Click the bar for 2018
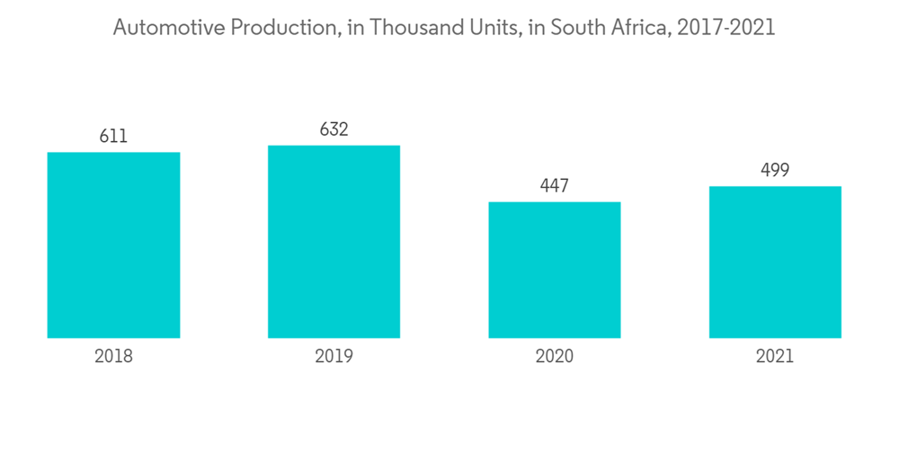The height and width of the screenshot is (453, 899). [x=113, y=244]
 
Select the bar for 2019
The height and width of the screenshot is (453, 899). [x=334, y=242]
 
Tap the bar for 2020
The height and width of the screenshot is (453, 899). [x=555, y=270]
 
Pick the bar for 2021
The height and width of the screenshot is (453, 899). [x=775, y=262]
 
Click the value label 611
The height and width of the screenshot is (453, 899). [x=113, y=137]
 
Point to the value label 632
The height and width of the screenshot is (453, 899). [x=334, y=129]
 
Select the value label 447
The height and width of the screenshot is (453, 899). [x=555, y=186]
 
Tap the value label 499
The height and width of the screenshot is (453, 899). [x=775, y=170]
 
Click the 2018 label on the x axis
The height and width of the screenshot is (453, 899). [x=113, y=357]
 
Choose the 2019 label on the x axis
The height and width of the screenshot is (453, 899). [x=334, y=357]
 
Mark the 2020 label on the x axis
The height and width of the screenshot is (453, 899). [x=555, y=357]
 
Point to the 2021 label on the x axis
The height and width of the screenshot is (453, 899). [x=775, y=357]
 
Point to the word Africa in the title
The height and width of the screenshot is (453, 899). [x=639, y=28]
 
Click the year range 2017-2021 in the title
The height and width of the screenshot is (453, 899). [x=726, y=28]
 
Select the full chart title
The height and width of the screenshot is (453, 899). [x=444, y=28]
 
